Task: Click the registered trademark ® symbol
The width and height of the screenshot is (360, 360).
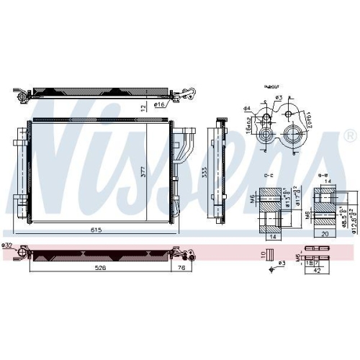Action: click(x=349, y=135)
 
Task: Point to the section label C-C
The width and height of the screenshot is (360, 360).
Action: click(x=268, y=175)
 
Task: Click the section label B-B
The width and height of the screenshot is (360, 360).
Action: click(x=323, y=175)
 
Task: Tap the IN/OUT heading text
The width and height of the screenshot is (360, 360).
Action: click(x=272, y=85)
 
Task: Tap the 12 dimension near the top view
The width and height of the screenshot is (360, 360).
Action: click(x=143, y=108)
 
